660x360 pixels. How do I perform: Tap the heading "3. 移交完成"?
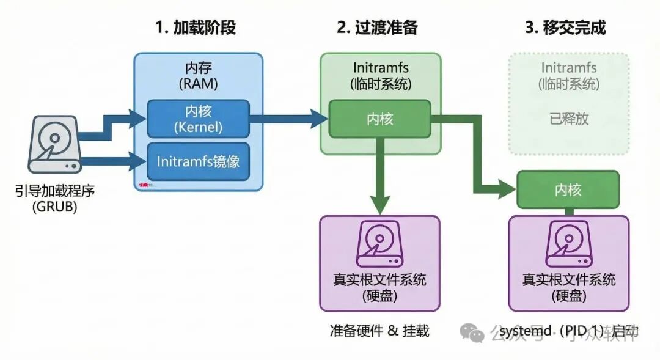[x=566, y=28]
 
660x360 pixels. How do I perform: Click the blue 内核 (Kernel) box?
[x=198, y=119]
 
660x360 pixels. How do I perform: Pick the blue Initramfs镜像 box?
[x=198, y=161]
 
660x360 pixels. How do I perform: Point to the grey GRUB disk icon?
[x=54, y=144]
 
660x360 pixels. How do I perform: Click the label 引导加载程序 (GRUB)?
[x=55, y=199]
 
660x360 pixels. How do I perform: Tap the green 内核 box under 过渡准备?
[x=380, y=119]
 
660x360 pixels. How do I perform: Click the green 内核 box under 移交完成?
[x=568, y=189]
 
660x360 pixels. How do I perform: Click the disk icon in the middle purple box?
[x=380, y=245]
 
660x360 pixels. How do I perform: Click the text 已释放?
[x=568, y=119]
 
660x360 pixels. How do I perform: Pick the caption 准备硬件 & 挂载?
[x=379, y=331]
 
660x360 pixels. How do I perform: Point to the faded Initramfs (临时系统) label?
[x=568, y=76]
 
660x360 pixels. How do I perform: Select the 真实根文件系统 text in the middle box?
[x=380, y=280]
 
